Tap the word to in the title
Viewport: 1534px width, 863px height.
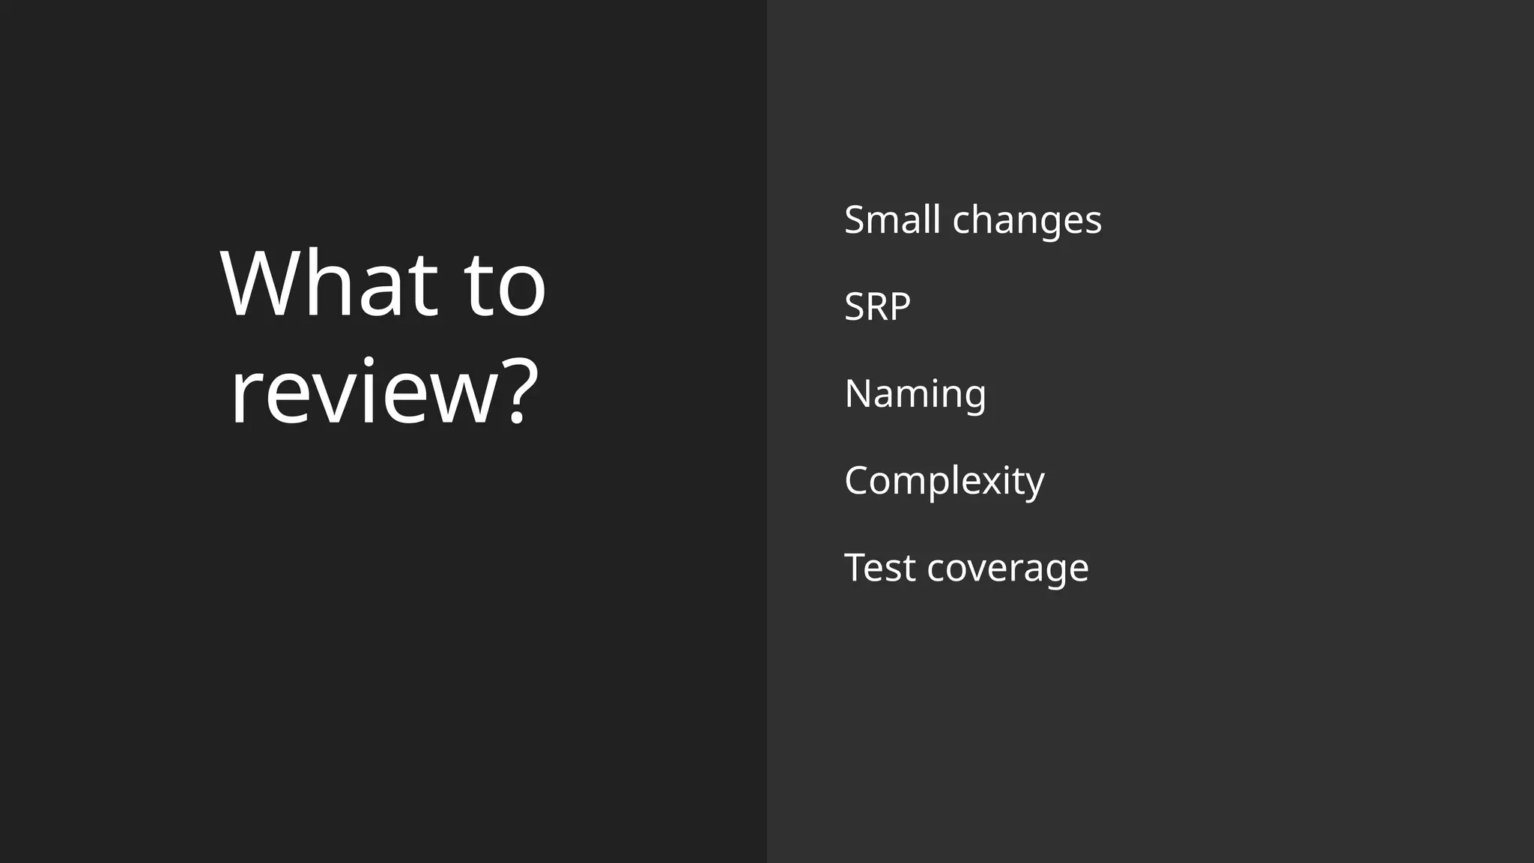click(505, 285)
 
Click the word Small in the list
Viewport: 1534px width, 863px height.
click(892, 219)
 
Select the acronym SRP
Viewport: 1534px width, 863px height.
click(877, 306)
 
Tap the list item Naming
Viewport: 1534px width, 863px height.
click(915, 394)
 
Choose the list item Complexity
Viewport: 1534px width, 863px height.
click(944, 481)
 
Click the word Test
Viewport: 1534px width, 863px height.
click(880, 567)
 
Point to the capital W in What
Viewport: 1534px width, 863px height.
click(262, 284)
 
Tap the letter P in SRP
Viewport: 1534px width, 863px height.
click(899, 306)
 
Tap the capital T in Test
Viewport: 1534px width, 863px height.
click(858, 567)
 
